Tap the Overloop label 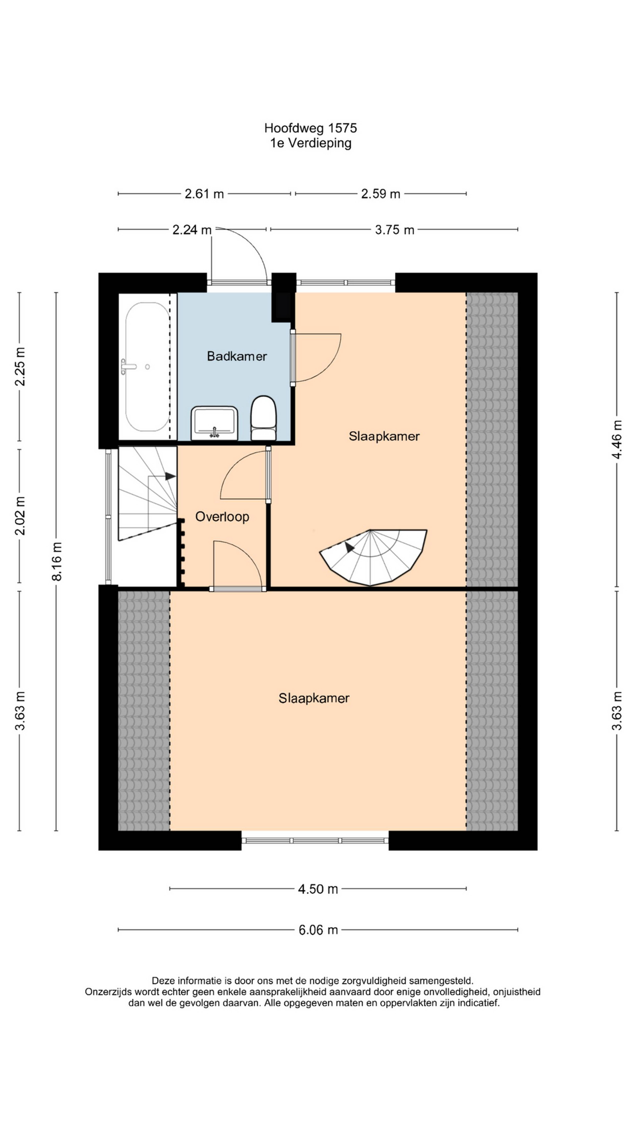tap(222, 517)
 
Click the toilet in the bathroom tap(263, 418)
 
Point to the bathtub tap(147, 367)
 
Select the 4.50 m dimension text tap(318, 890)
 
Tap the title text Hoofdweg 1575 tap(310, 128)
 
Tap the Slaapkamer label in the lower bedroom tap(314, 698)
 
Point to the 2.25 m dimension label tap(20, 367)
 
